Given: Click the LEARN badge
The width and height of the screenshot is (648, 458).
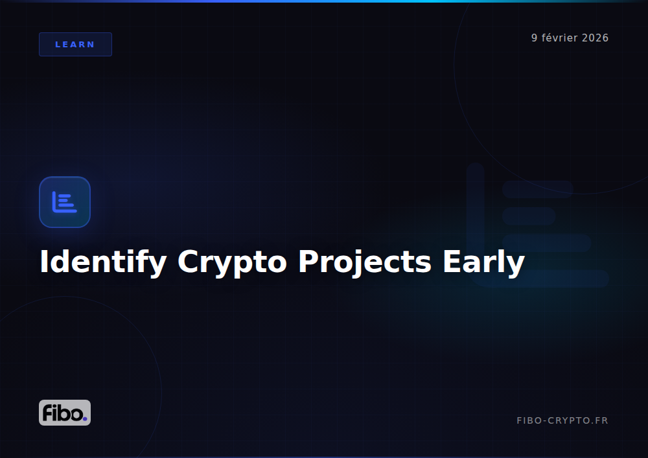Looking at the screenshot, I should point(75,44).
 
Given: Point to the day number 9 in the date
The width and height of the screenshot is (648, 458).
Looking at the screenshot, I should point(535,38).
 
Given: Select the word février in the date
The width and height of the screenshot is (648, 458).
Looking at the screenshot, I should point(560,38).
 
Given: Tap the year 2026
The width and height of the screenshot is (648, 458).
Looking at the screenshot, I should point(596,38).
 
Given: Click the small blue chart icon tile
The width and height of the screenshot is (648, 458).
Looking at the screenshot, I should point(65,202).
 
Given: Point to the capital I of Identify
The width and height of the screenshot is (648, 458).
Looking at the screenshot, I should point(44,261).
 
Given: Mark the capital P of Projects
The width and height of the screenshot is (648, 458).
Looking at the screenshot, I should point(307,261).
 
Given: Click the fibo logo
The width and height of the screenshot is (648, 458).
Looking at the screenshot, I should point(65,413).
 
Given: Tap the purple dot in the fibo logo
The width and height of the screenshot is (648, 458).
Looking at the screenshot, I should point(84,418).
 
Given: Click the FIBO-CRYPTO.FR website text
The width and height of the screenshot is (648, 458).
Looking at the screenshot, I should point(562,420).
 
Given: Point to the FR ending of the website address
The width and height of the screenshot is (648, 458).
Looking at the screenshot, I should point(602,420).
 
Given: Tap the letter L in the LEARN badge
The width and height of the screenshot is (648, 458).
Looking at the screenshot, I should point(58,45).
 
